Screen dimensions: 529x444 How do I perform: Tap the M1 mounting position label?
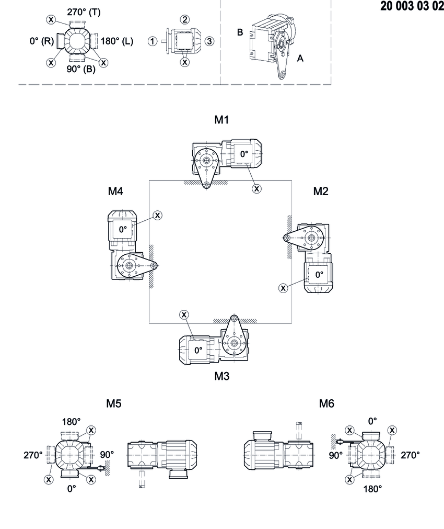pyautogui.click(x=222, y=120)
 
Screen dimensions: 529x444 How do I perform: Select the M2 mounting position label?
pyautogui.click(x=321, y=192)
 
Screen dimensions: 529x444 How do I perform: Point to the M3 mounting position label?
pyautogui.click(x=222, y=376)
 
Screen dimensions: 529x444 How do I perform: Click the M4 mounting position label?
pyautogui.click(x=115, y=192)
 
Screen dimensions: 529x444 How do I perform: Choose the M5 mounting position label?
pyautogui.click(x=114, y=403)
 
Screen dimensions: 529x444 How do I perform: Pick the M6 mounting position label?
pyautogui.click(x=326, y=403)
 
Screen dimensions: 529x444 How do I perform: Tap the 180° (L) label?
pyautogui.click(x=116, y=41)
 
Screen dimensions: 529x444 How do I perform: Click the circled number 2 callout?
pyautogui.click(x=185, y=19)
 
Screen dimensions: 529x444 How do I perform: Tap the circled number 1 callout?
pyautogui.click(x=152, y=41)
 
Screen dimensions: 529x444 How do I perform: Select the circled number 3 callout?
pyautogui.click(x=208, y=41)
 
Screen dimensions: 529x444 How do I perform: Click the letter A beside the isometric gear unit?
pyautogui.click(x=300, y=59)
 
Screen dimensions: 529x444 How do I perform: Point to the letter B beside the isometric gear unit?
pyautogui.click(x=240, y=32)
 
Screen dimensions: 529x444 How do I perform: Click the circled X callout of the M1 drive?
pyautogui.click(x=256, y=188)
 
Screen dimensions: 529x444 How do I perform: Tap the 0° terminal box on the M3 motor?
pyautogui.click(x=197, y=351)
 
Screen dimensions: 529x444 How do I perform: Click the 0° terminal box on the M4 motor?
pyautogui.click(x=123, y=229)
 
